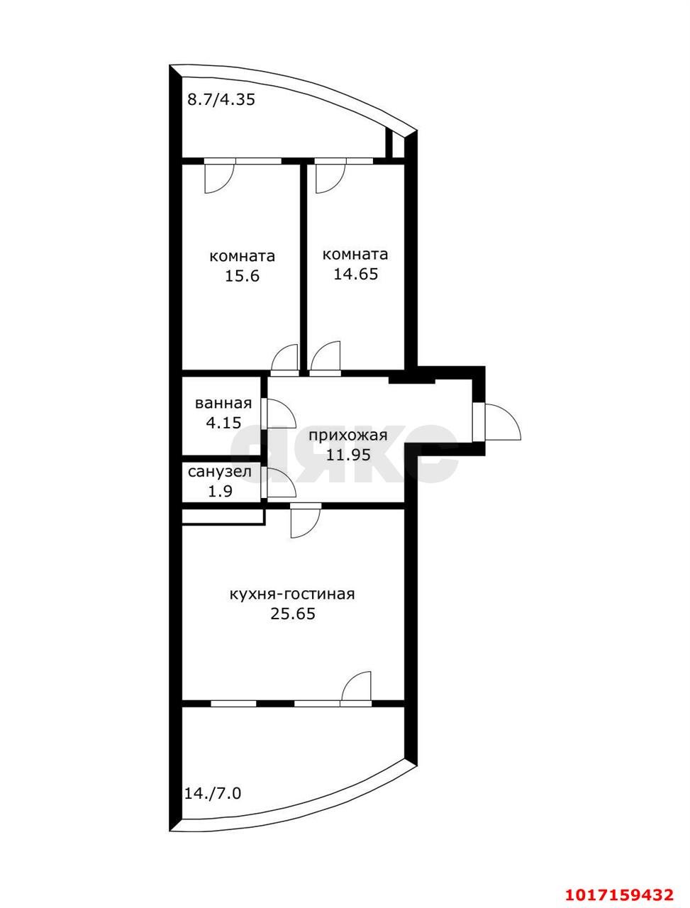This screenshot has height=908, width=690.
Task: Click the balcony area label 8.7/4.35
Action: [221, 100]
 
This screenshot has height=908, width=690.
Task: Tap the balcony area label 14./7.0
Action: [213, 794]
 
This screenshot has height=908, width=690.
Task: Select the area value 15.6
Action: [242, 276]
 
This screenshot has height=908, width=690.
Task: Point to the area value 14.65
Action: [355, 274]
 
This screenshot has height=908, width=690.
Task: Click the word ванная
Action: [223, 403]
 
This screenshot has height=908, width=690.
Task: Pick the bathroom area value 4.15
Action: [223, 423]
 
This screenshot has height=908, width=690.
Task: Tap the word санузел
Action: [220, 472]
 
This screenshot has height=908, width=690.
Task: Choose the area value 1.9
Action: [221, 492]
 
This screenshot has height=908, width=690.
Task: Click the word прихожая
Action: [348, 436]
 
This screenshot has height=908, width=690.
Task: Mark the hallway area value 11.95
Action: [348, 455]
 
